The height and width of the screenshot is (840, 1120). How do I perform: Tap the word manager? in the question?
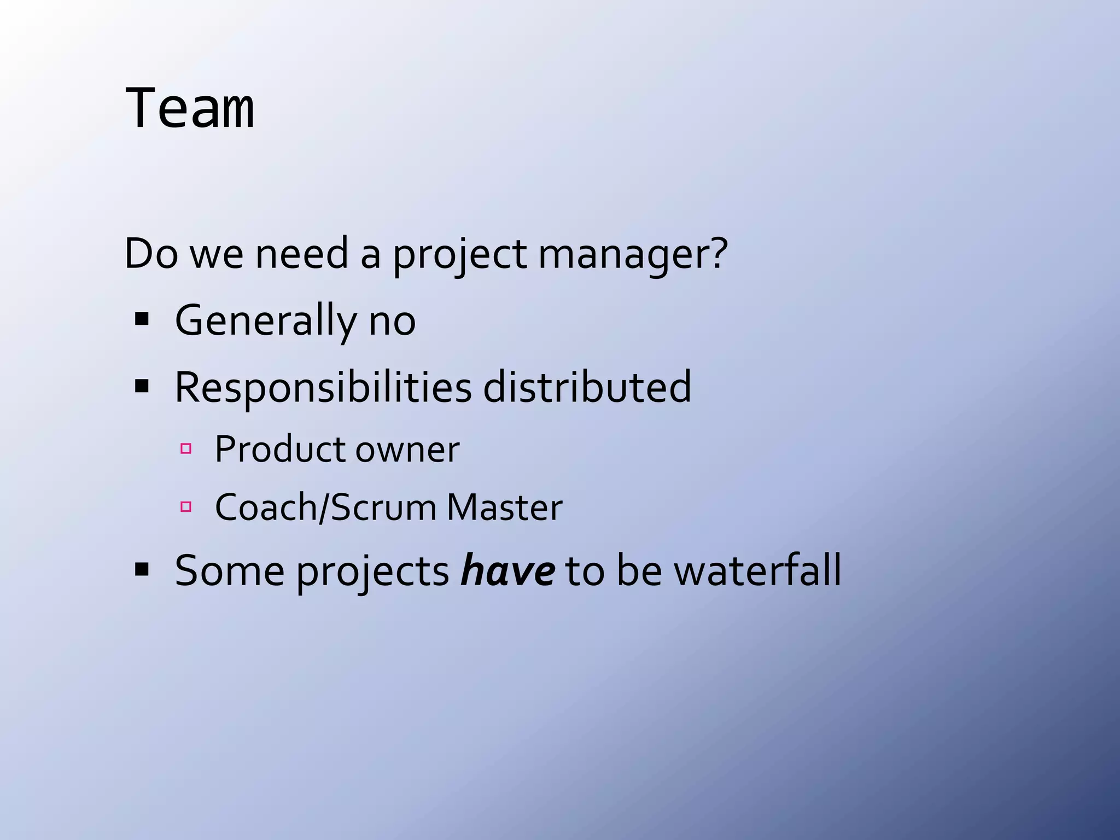point(633,254)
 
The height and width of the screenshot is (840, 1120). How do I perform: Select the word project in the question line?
point(460,254)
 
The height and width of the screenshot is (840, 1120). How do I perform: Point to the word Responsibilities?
point(323,388)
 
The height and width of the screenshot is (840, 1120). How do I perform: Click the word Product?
point(280,450)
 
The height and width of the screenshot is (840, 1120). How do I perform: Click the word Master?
point(504,507)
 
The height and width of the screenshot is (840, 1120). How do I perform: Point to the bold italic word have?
point(507,571)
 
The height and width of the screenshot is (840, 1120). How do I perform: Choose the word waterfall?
point(757,571)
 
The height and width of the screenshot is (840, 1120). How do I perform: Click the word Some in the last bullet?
point(230,571)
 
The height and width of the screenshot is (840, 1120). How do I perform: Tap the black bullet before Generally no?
point(142,319)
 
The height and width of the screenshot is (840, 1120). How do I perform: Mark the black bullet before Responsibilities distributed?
point(142,387)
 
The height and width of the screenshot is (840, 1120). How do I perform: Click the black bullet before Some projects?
point(142,570)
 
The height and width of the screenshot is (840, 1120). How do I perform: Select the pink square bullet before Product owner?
point(186,449)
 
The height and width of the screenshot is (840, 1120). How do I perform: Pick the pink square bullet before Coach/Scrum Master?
point(186,507)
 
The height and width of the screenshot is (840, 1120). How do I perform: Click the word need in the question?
point(302,254)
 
